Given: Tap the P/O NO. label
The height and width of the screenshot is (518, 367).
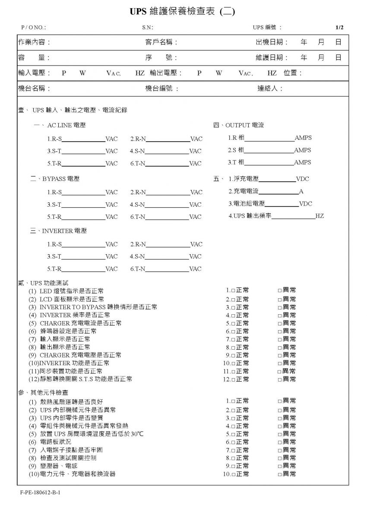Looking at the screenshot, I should point(33,28).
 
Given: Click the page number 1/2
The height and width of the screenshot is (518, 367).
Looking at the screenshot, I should point(339,28).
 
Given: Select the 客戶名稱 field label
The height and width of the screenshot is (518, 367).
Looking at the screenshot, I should point(161,42).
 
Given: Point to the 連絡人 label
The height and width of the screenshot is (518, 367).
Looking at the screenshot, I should point(270,88).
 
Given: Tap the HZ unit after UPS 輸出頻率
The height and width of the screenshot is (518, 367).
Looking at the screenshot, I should point(320,216).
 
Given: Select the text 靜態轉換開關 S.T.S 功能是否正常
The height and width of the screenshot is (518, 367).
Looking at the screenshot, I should point(85,379).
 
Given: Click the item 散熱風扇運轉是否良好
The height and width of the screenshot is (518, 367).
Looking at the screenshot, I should point(71,402).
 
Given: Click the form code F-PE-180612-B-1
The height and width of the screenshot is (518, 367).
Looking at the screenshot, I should point(40,492).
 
